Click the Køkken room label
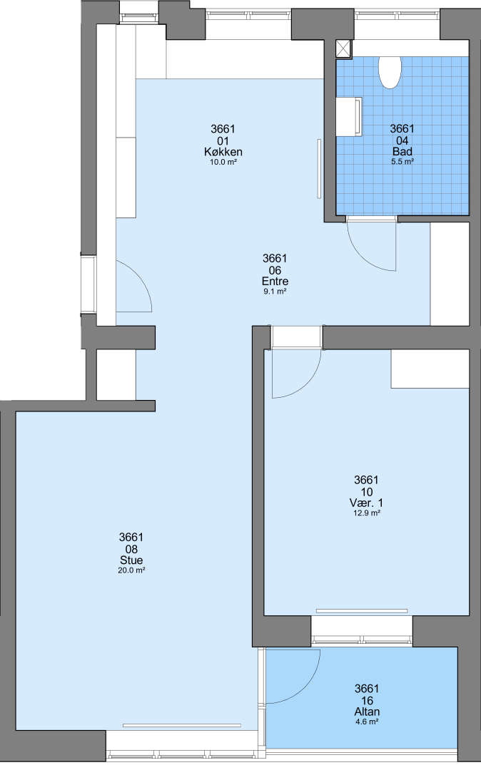[x=223, y=152]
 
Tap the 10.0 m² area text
[x=223, y=162]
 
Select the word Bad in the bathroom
[x=402, y=152]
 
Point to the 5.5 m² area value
[x=402, y=161]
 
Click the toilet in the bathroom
[x=390, y=72]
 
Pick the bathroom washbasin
[x=349, y=116]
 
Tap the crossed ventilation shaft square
[x=344, y=50]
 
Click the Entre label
[x=275, y=282]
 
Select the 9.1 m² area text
[x=275, y=291]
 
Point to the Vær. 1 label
[x=366, y=503]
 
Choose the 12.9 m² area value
[x=367, y=513]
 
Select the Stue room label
[x=131, y=560]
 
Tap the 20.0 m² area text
[x=131, y=570]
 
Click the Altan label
[x=367, y=712]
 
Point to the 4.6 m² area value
[x=367, y=722]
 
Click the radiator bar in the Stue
[x=182, y=725]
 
